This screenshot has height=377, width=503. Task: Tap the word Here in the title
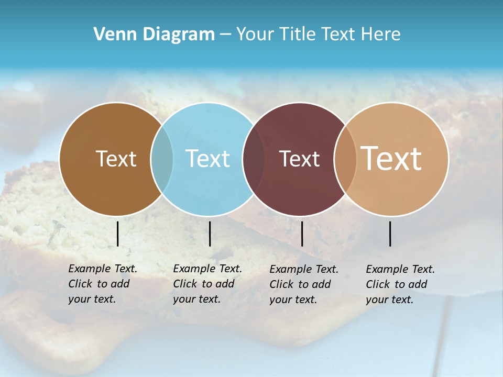coord(381,35)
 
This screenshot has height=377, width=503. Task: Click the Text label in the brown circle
coord(116,159)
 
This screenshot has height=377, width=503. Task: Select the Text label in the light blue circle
coord(208,159)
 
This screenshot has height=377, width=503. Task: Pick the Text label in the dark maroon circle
coord(299,159)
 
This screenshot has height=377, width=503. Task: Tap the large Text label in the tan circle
coord(391,159)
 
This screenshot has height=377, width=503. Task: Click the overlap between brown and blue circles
coord(162,159)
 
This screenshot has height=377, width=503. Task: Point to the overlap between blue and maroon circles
coord(254,159)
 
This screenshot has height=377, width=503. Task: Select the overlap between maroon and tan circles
coord(345,159)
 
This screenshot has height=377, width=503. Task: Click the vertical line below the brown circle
coord(117,234)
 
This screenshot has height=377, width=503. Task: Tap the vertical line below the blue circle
coord(210,234)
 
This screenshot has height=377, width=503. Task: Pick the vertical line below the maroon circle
coord(302,234)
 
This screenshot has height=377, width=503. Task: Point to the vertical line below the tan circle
coord(390,234)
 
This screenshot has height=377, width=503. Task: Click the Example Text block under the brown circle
coord(102,284)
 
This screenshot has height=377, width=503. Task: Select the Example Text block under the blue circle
coord(207,284)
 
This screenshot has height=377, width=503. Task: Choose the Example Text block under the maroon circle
coord(303,284)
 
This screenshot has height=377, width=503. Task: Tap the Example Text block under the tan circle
coord(400,284)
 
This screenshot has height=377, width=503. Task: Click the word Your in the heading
coord(255,35)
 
